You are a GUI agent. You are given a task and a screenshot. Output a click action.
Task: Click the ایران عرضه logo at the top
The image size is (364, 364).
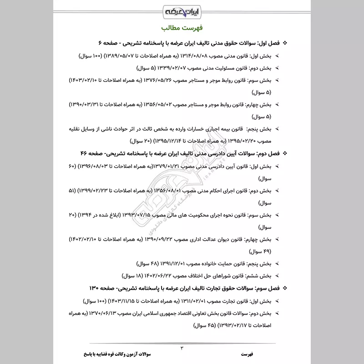pyautogui.click(x=182, y=10)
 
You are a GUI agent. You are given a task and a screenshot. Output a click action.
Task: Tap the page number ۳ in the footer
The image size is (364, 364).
pyautogui.click(x=182, y=348)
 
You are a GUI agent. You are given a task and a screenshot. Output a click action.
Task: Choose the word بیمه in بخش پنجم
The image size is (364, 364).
pyautogui.click(x=228, y=129)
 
